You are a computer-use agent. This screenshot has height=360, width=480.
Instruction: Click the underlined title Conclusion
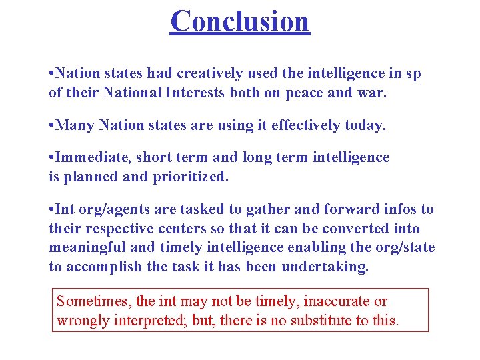pyautogui.click(x=240, y=21)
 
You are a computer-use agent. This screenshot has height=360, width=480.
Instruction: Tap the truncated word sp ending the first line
pyautogui.click(x=413, y=74)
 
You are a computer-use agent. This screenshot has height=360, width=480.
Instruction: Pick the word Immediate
pyautogui.click(x=93, y=157)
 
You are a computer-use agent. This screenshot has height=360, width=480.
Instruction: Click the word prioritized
pyautogui.click(x=193, y=177)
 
